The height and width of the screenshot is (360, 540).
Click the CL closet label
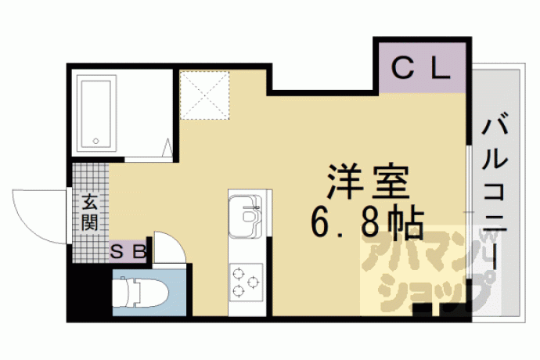click(x=421, y=68)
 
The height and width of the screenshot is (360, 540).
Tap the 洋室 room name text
click(x=368, y=182)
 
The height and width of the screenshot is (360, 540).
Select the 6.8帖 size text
click(x=367, y=224)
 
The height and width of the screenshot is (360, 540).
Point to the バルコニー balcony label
click(x=495, y=193)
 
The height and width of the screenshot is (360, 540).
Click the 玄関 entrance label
click(x=90, y=212)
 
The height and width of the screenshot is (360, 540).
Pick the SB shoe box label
click(x=128, y=252)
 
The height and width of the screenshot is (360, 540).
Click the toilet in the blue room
click(x=141, y=293)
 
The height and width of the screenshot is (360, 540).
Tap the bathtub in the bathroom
click(x=96, y=113)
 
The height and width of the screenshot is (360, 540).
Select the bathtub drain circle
click(x=95, y=141)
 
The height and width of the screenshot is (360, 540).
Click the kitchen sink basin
click(x=245, y=216)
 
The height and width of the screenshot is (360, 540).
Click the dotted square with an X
click(x=204, y=95)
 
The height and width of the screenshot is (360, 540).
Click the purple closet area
click(x=423, y=67)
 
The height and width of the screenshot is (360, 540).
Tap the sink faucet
click(x=250, y=208)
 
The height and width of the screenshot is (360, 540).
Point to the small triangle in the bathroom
click(x=167, y=147)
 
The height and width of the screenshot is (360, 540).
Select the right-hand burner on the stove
click(x=253, y=282)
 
